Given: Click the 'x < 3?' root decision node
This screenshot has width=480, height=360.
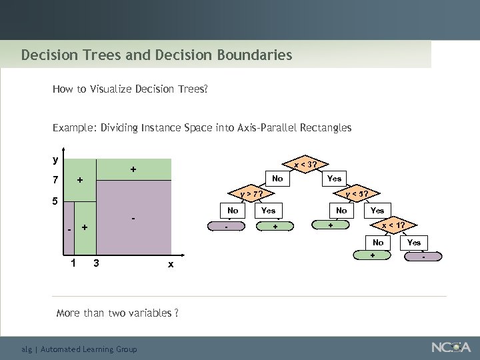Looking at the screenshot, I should click(305, 164).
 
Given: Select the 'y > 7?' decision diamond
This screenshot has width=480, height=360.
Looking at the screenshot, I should click(249, 194).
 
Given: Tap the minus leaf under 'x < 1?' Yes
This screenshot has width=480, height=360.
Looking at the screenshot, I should click(423, 256).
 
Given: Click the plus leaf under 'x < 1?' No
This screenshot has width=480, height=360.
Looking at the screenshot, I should click(373, 256).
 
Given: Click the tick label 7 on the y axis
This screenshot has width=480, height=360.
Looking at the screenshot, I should click(56, 180).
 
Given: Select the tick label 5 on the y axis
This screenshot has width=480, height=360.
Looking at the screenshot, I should click(56, 201).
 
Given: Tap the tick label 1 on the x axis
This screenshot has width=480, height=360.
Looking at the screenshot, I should click(73, 262).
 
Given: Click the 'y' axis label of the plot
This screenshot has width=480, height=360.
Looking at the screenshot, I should click(55, 160).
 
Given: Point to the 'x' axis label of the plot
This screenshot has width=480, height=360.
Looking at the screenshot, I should click(171, 264).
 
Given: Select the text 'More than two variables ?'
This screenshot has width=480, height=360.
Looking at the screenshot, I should click(117, 313).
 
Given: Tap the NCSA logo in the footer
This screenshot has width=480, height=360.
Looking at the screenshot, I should click(451, 347).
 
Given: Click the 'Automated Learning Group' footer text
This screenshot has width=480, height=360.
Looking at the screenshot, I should click(89, 349).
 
